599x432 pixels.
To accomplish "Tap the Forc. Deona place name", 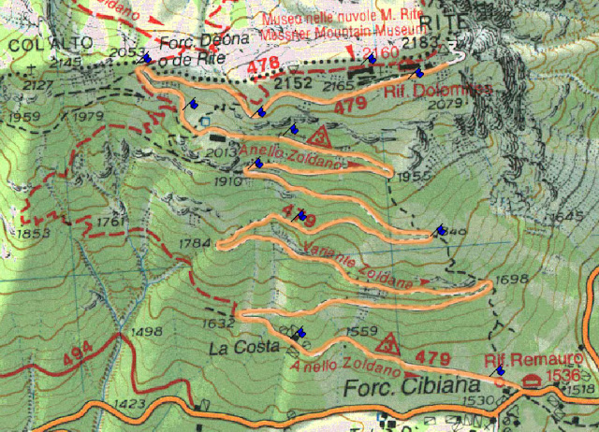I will tap(191, 40).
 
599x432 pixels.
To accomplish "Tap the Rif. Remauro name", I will tap(534, 359).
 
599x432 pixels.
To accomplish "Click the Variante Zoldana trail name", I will tap(358, 265).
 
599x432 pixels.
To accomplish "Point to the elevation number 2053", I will tap(125, 53).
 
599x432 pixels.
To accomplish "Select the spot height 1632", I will tap(216, 323).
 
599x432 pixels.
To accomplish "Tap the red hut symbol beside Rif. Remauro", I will tap(533, 380).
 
